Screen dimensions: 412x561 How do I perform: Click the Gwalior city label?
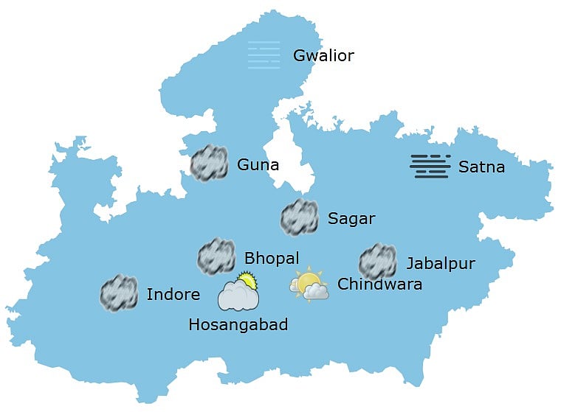click(323, 56)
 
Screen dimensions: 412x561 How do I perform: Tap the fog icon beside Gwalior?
click(264, 55)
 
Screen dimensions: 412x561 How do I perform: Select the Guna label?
click(258, 165)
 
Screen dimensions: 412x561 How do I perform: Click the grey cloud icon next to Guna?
click(209, 164)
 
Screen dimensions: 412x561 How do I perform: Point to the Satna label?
click(481, 167)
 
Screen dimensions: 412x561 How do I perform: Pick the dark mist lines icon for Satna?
click(430, 167)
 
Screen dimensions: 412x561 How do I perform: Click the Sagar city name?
click(351, 219)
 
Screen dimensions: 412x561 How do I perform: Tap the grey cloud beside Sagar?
click(299, 217)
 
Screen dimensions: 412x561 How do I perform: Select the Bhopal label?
click(272, 258)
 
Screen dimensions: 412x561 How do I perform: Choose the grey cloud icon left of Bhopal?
click(216, 256)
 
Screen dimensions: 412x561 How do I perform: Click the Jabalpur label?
click(440, 264)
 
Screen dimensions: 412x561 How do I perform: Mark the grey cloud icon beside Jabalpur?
click(377, 262)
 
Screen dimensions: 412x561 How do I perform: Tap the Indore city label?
click(173, 296)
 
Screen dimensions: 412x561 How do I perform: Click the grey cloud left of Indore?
click(119, 293)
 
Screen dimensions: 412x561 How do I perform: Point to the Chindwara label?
click(379, 284)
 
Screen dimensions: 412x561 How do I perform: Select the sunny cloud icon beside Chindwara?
click(309, 286)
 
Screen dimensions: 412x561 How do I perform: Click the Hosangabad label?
click(238, 325)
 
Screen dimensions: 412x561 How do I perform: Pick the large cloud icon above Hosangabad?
click(238, 296)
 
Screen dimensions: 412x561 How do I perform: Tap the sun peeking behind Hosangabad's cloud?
click(247, 280)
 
